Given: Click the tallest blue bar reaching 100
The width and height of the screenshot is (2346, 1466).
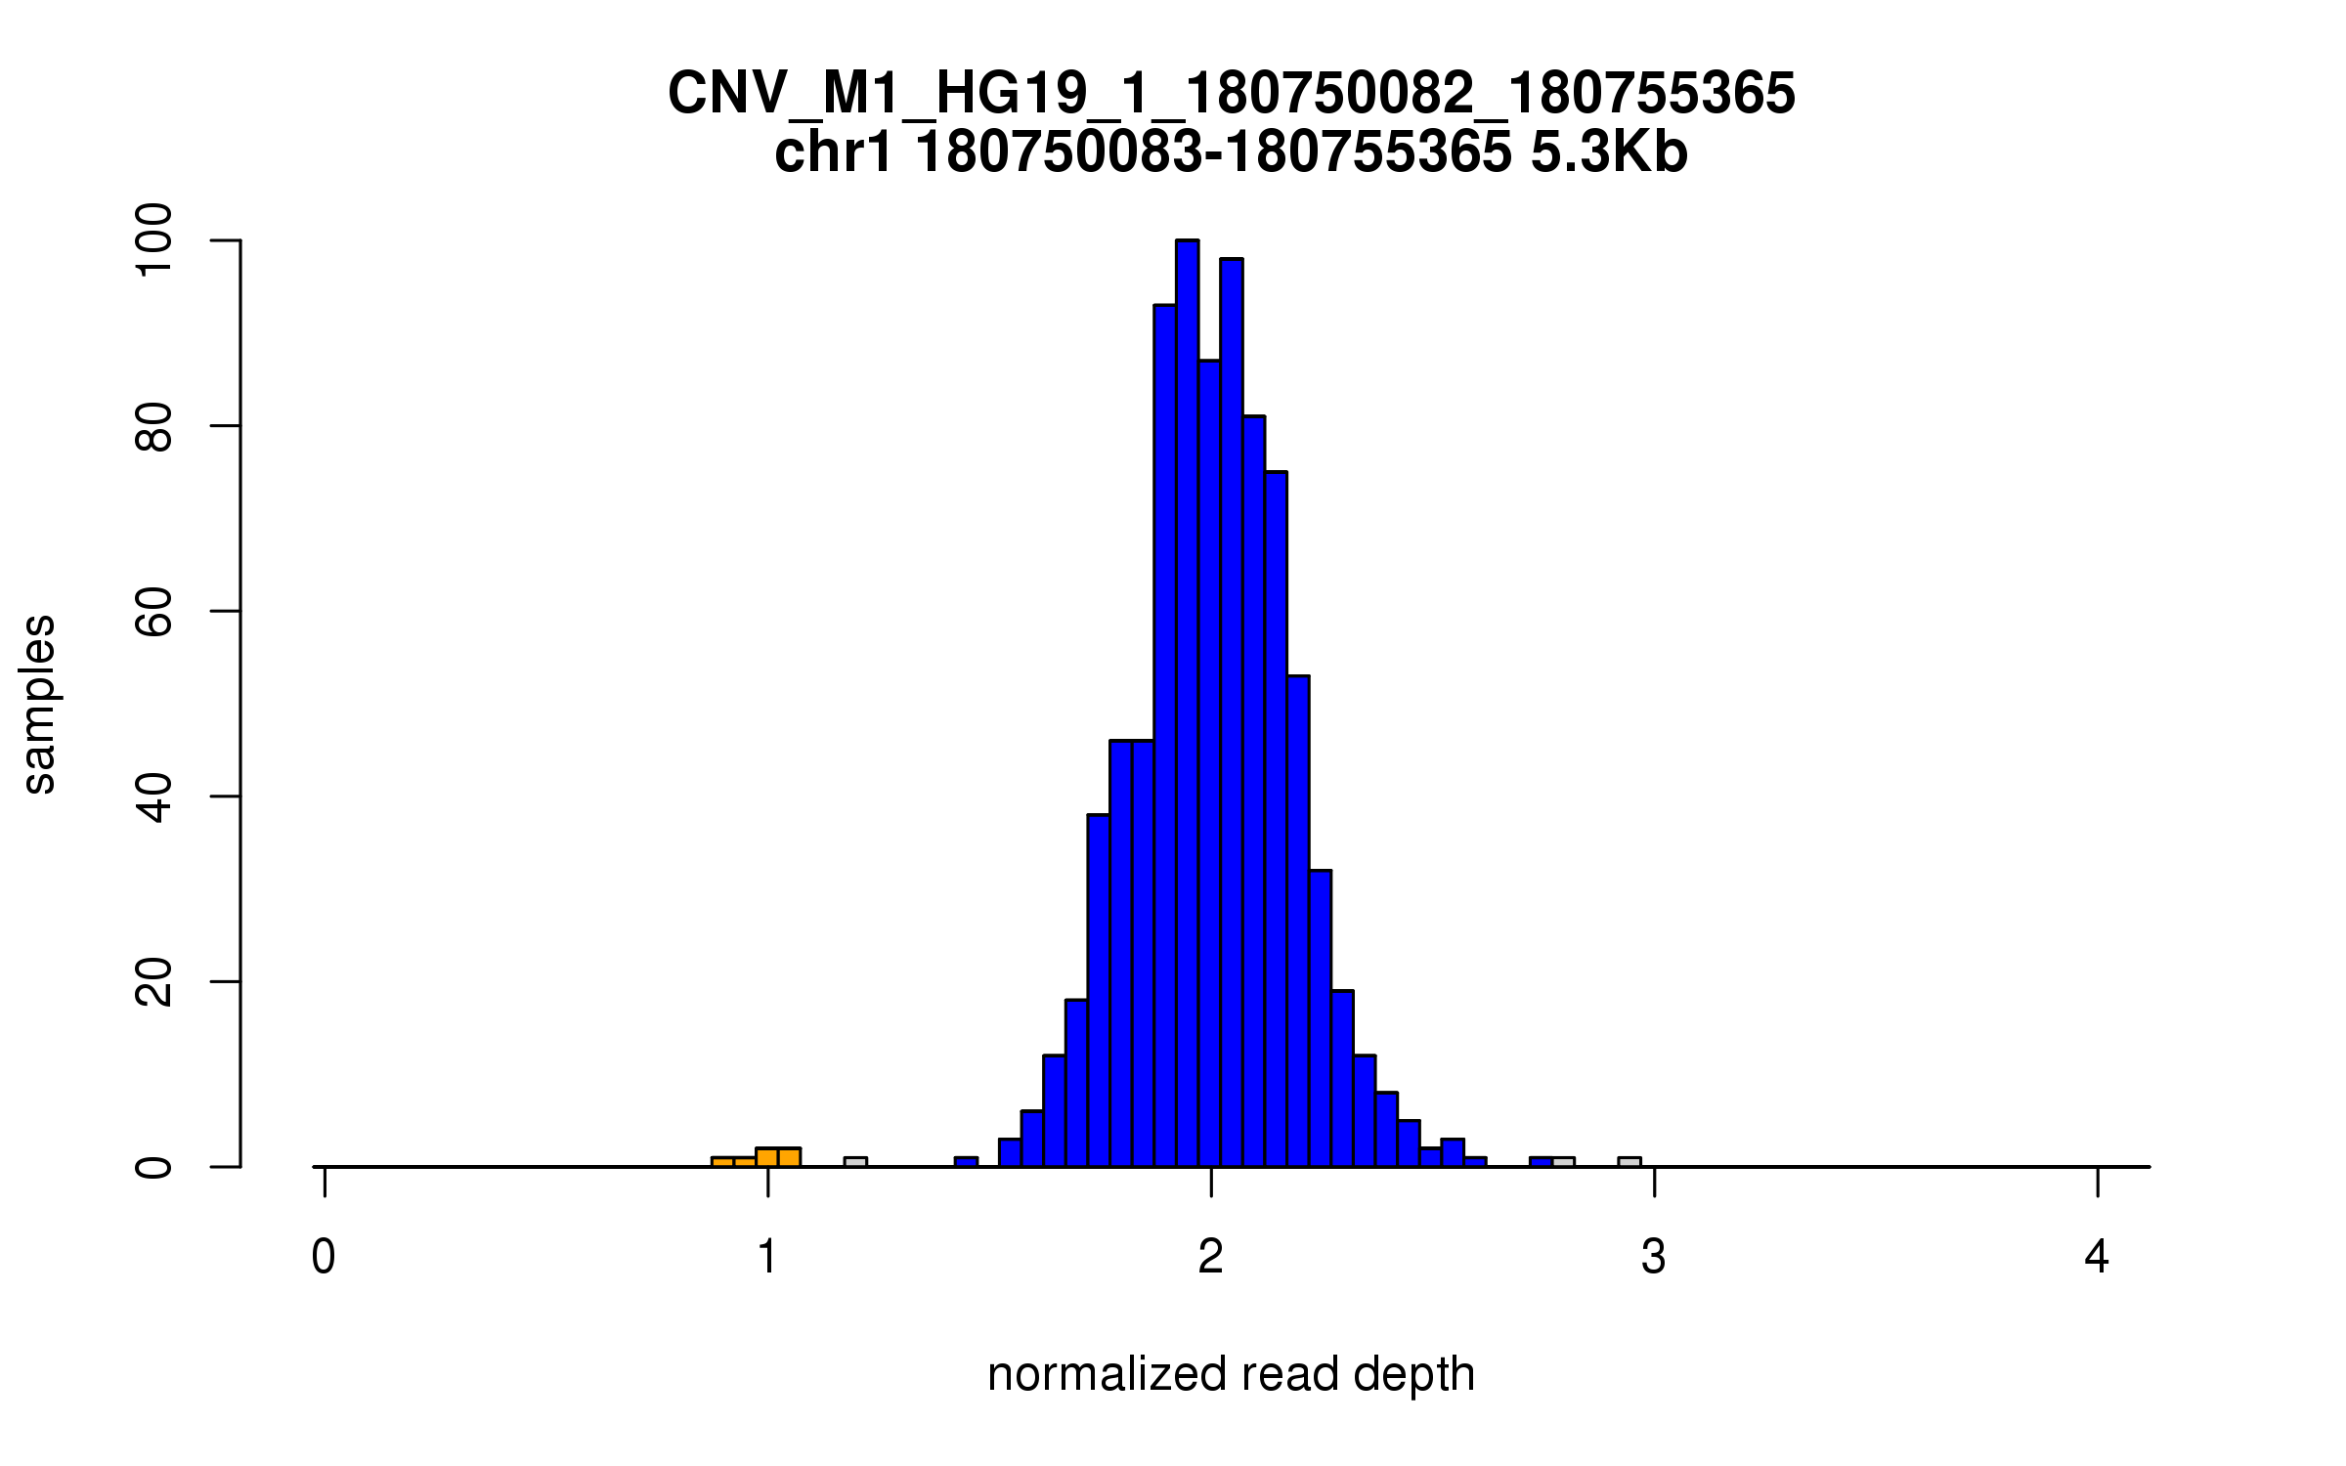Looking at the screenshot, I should click(1187, 704).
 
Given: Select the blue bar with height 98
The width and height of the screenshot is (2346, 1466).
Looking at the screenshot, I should click(1232, 713).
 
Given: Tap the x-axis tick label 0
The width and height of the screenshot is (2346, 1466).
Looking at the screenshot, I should click(324, 1257).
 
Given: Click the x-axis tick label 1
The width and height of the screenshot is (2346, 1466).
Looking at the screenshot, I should click(767, 1257).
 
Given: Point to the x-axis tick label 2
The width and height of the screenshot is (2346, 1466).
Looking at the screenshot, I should click(1211, 1257).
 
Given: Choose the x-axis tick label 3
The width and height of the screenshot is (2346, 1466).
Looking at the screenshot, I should click(1654, 1257).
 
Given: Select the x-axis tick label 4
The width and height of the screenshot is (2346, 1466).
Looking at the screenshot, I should click(2097, 1257).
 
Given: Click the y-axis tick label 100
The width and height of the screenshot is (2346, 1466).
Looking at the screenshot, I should click(154, 240).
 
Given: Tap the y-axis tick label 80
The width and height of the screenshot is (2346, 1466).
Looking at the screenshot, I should click(154, 426).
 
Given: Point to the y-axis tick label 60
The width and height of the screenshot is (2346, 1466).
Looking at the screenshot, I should click(154, 612).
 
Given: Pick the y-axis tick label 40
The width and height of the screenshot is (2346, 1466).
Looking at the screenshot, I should click(154, 797).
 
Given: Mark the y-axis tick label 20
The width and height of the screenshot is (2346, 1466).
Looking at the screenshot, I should click(154, 982).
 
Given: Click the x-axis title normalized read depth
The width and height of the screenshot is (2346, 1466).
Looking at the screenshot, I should click(1231, 1375).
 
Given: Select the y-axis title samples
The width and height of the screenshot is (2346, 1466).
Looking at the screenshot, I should click(39, 704).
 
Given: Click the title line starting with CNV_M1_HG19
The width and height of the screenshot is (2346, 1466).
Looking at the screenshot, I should click(1231, 94).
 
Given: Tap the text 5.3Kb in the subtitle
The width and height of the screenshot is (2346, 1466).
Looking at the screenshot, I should click(1609, 153).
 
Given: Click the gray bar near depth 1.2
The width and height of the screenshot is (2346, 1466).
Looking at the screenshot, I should click(855, 1162).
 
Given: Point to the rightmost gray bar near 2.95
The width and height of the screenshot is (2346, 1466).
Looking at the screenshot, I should click(1629, 1162).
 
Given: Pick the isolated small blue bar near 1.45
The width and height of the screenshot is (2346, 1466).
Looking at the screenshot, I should click(966, 1162).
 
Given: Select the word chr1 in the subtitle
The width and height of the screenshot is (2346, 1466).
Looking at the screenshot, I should click(833, 153).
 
